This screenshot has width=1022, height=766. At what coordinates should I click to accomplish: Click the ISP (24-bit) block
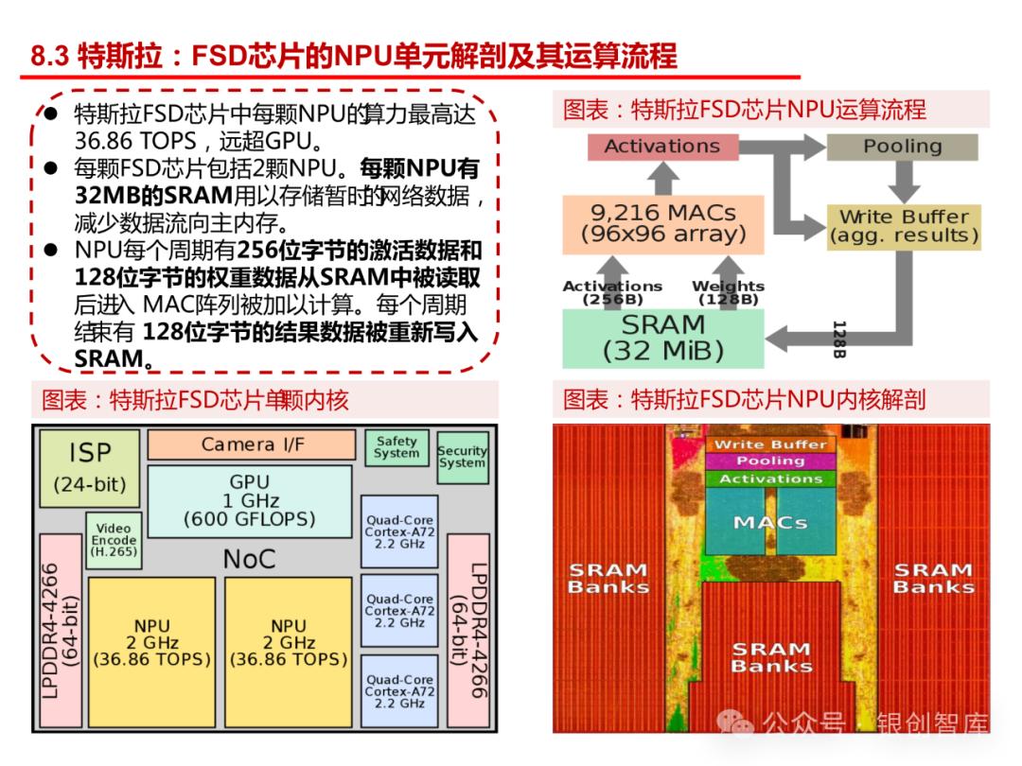coord(90,468)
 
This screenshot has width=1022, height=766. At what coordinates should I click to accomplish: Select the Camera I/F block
coord(253,444)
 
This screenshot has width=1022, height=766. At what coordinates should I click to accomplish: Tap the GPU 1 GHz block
coord(249,500)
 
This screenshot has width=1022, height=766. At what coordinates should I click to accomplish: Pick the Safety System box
coord(396,447)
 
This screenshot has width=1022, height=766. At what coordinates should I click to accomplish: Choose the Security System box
coord(462,457)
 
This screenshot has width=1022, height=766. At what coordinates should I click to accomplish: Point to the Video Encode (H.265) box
coord(114,539)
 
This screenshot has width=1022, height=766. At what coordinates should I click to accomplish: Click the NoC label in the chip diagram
coord(249,559)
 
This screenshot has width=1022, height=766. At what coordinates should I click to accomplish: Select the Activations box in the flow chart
coord(661,147)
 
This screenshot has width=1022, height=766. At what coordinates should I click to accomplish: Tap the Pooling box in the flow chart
coord(902,147)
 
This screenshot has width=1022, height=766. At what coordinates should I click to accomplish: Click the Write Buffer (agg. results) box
coord(903,226)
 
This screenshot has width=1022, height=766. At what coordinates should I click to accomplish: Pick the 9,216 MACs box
coord(662,224)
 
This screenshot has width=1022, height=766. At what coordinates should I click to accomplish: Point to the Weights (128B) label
coord(727,292)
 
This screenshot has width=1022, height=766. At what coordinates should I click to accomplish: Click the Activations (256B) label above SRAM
coord(612,292)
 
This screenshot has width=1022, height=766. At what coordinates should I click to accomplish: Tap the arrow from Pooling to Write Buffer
coord(902,182)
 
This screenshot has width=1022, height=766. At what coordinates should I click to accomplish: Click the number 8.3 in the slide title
coord(50,56)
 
